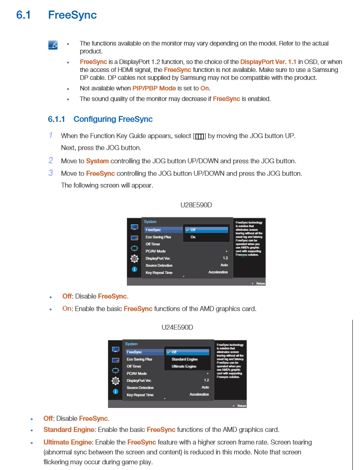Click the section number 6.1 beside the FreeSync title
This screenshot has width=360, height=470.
pos(23,15)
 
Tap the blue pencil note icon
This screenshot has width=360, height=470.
pos(53,45)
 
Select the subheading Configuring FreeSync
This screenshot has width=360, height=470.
pos(112,119)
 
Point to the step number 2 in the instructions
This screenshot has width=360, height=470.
pos(51,161)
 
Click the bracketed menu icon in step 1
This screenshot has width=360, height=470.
pos(200,136)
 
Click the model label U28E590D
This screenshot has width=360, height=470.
pos(196,205)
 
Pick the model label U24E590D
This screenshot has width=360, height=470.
pos(177,327)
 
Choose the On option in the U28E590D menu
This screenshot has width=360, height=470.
pos(193,237)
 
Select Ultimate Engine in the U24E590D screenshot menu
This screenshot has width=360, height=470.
pos(184,367)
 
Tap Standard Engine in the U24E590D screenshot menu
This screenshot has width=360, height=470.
pos(184,359)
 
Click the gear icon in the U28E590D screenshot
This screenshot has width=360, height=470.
pos(134,258)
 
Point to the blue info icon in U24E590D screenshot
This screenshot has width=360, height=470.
pos(116,391)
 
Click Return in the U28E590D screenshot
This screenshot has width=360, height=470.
pos(260,283)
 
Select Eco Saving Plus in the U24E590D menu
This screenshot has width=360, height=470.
pos(139,359)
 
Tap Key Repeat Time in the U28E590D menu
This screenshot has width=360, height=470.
pos(159,273)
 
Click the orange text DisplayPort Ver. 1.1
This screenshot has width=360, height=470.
pos(268,62)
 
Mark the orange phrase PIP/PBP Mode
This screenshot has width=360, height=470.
pos(154,88)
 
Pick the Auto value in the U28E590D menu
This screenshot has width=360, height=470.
pos(224,265)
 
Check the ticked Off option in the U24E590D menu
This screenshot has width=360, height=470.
pos(174,352)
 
